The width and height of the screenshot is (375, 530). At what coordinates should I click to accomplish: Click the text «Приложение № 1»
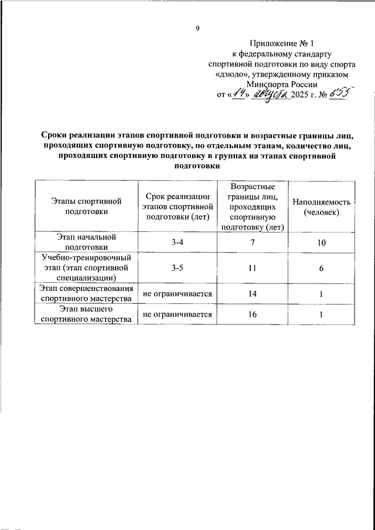tap(282, 43)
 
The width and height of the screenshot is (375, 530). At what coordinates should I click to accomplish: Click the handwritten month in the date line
tap(271, 93)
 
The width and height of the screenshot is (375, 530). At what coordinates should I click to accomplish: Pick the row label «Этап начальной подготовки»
tap(86, 242)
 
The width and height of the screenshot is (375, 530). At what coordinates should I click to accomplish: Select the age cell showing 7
tap(252, 242)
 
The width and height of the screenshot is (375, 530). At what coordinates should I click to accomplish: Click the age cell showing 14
tap(252, 293)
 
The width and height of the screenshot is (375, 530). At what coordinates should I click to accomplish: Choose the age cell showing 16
tap(252, 314)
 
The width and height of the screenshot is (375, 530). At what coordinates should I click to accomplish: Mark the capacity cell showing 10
tap(322, 242)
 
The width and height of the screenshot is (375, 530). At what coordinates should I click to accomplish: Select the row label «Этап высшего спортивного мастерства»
tap(86, 314)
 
